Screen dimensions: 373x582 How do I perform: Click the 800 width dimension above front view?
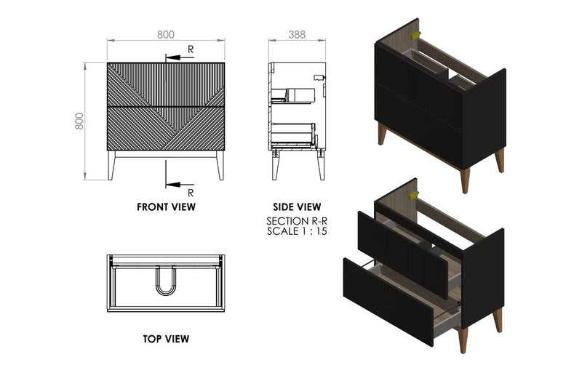coord(166,33)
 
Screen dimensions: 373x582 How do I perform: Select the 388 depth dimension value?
coord(296,33)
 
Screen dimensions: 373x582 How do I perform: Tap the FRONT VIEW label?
coord(166,206)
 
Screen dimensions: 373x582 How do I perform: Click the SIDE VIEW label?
coord(296,206)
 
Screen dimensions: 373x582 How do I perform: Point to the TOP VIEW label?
coord(166,338)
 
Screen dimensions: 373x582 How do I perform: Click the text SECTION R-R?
coord(296,220)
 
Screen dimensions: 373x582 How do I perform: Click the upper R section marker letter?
coord(191,49)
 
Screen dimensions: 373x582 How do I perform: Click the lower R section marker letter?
coord(191,193)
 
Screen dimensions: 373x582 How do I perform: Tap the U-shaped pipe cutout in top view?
coord(166,283)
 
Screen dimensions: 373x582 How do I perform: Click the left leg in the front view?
coord(111,166)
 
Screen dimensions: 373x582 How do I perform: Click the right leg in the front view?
coord(220,166)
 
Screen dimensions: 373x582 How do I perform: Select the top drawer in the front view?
coord(166,84)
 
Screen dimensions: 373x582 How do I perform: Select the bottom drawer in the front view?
coord(166,129)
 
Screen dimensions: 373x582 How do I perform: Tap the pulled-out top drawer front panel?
coord(402,245)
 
